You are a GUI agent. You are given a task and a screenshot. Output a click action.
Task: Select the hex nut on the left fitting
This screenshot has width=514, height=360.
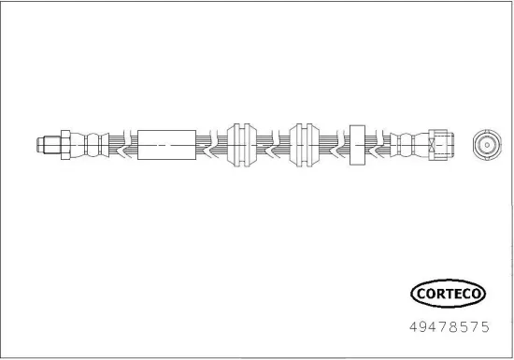[x=65, y=145]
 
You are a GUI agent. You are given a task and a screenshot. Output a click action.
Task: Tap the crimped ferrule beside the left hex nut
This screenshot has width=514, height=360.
[x=90, y=145]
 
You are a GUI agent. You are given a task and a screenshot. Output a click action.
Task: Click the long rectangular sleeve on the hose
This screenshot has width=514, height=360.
[x=166, y=145]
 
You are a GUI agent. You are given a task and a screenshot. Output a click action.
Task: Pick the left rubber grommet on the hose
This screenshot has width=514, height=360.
[x=242, y=145]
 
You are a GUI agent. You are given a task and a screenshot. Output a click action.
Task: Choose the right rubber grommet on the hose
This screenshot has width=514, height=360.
[x=305, y=145]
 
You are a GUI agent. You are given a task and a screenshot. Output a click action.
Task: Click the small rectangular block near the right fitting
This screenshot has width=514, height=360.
[x=357, y=145]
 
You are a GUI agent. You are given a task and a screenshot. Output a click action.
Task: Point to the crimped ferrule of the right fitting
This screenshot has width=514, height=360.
[x=409, y=145]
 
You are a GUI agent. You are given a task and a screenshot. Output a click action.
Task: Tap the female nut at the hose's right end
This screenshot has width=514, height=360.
[x=441, y=145]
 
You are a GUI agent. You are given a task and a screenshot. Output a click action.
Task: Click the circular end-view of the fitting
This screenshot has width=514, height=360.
[x=487, y=145]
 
